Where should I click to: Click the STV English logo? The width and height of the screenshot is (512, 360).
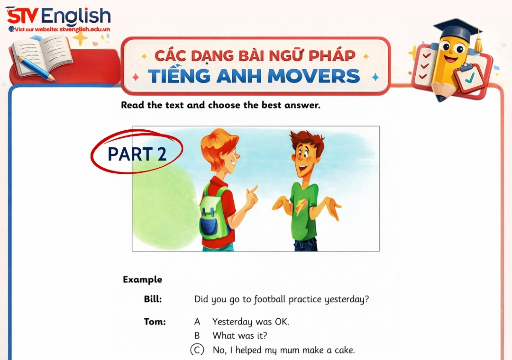58,17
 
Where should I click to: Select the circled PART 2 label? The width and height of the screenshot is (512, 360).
137,153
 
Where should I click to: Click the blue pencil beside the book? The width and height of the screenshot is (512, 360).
36,68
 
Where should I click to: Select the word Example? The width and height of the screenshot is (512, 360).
142,279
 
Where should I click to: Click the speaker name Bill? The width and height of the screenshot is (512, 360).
153,299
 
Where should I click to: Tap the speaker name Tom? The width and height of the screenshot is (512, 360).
155,322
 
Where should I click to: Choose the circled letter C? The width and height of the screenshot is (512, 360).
197,350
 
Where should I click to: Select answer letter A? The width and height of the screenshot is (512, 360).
197,322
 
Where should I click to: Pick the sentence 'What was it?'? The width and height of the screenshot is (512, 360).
240,336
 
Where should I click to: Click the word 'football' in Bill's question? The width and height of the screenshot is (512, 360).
270,299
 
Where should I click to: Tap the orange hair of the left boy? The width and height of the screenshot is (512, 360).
218,142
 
